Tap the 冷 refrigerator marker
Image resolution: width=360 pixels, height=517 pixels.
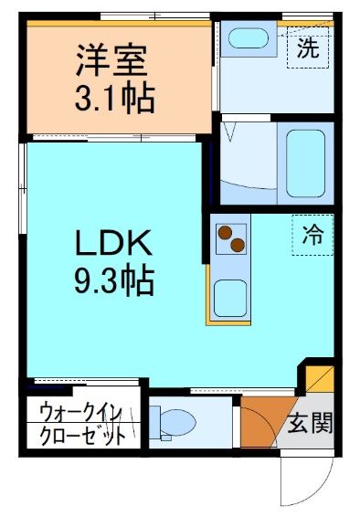(x=312, y=234)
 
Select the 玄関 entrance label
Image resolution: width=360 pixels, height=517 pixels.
(x=310, y=424)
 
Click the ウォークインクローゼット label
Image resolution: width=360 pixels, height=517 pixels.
(x=82, y=424)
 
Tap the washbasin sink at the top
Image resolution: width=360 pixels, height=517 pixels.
(x=246, y=39)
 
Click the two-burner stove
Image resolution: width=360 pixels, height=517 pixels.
(x=231, y=238)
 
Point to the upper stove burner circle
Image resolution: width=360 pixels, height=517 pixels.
(x=225, y=231)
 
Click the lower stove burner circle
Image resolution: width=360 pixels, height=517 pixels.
(x=238, y=245)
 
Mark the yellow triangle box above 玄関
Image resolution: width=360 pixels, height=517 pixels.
(x=321, y=378)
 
